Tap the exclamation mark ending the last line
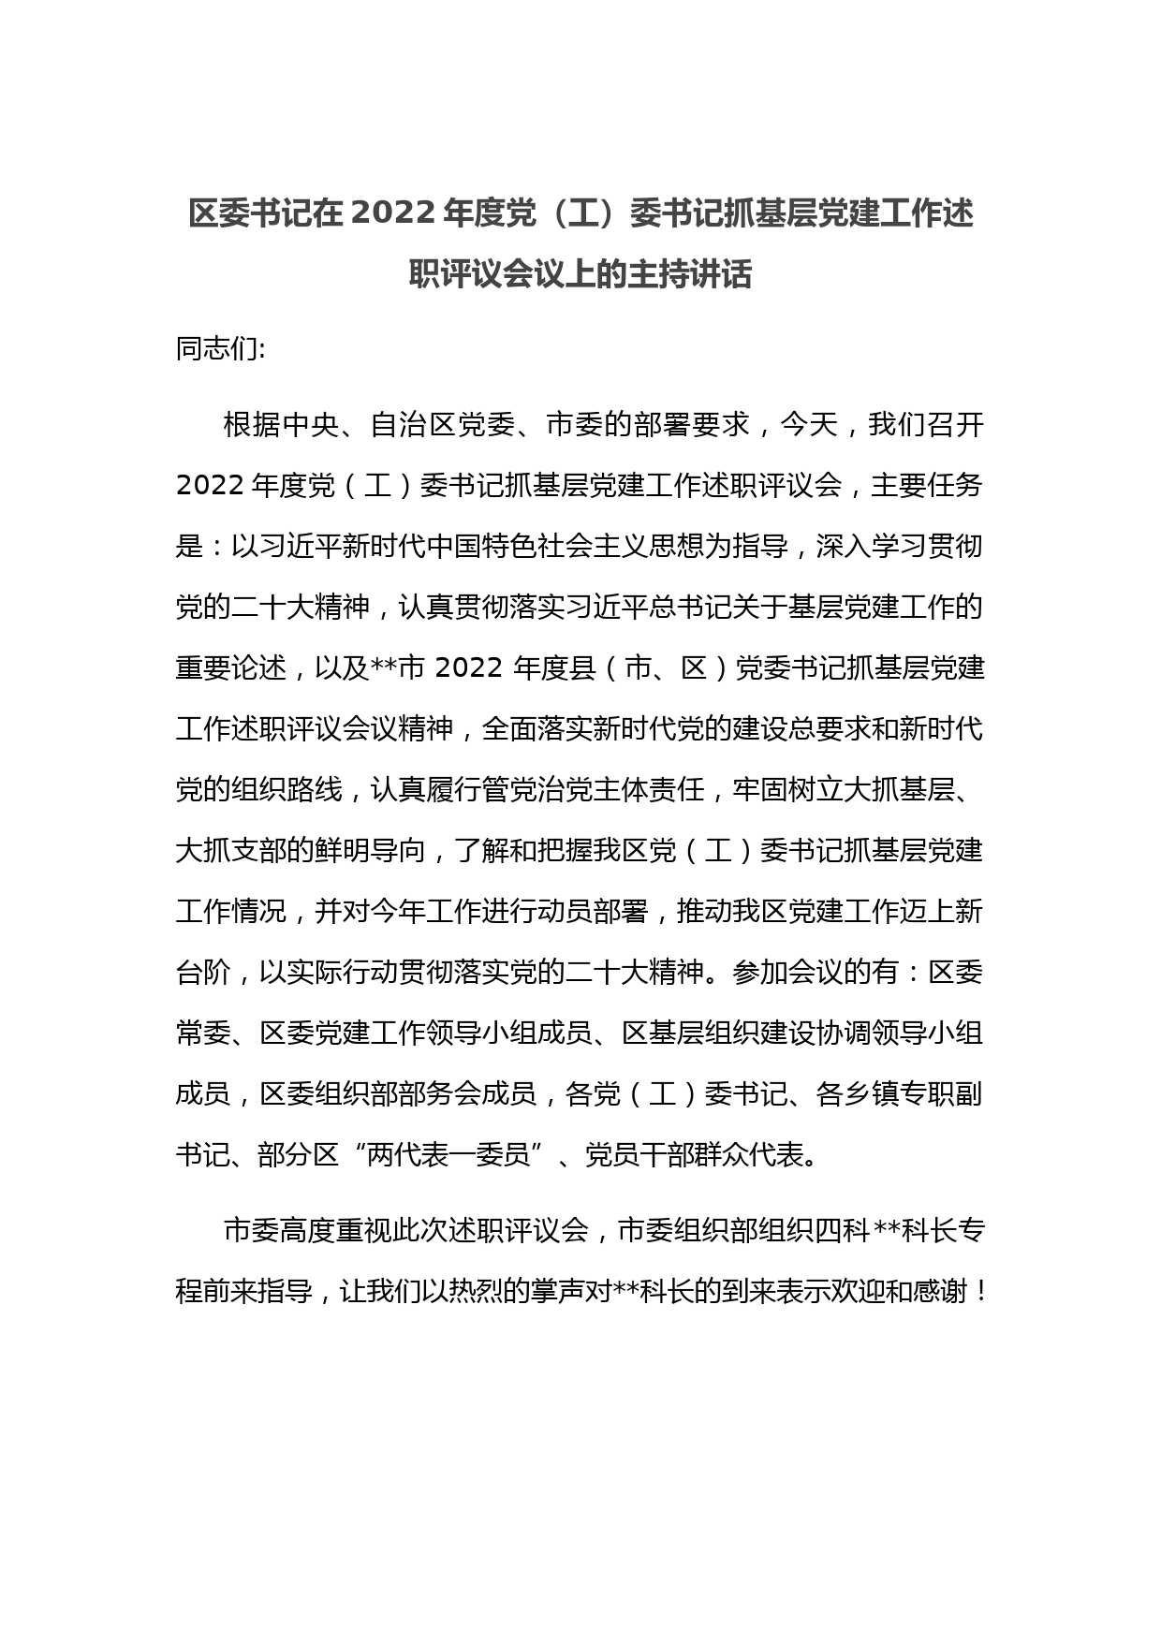point(978,1292)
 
